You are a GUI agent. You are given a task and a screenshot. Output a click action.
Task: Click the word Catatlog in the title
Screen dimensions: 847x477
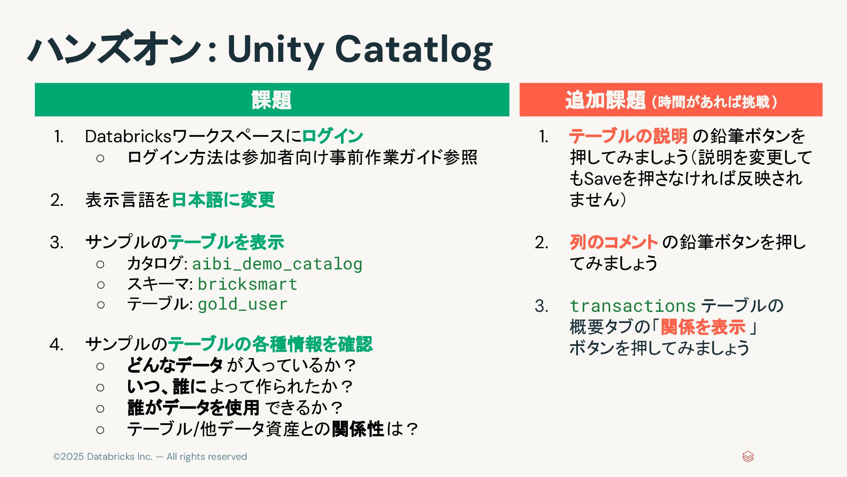413,49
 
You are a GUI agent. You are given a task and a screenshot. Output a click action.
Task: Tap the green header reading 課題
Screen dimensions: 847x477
272,100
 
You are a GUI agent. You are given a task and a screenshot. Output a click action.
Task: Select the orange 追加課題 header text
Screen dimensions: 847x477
605,100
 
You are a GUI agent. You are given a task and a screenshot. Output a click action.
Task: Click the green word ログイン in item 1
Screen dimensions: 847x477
333,136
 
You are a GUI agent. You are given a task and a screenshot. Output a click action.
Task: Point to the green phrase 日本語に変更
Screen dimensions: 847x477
223,200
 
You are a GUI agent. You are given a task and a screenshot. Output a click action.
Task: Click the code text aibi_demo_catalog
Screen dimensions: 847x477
277,264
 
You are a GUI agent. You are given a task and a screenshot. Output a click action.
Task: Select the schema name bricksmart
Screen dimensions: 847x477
247,284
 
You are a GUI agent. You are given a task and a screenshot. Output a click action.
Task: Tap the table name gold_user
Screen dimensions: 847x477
242,304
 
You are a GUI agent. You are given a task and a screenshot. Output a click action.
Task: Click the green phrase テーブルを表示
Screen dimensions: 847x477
226,242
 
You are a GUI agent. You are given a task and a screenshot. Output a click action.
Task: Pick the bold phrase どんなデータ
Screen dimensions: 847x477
175,365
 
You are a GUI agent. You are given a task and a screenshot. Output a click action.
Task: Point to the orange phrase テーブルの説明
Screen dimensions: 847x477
628,136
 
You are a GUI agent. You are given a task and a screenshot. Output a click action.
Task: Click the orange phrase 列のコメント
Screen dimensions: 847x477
614,242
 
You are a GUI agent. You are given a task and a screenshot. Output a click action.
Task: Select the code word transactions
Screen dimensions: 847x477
632,306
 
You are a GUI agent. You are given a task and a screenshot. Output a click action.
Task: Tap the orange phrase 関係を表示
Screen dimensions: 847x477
703,327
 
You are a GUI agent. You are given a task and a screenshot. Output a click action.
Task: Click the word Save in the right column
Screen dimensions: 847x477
603,178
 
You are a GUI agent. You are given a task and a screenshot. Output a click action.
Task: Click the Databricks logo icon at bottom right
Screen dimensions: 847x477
748,457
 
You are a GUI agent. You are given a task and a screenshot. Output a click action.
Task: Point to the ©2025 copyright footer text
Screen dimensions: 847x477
150,457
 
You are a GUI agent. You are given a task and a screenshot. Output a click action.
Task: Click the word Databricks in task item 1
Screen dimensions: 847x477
128,136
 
